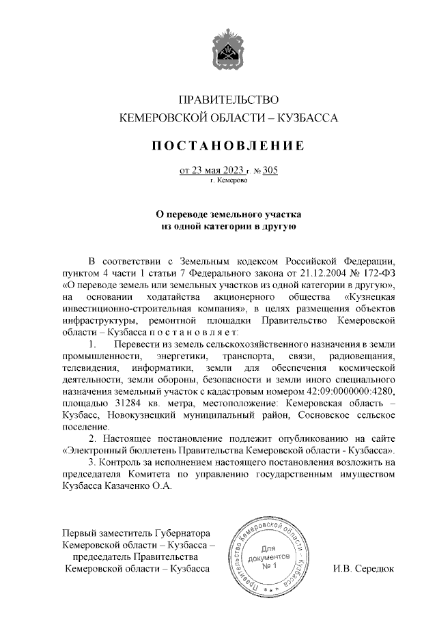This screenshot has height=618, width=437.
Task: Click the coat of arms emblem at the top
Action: pyautogui.click(x=229, y=46)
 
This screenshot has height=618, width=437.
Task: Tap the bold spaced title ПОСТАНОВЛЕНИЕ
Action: pyautogui.click(x=229, y=145)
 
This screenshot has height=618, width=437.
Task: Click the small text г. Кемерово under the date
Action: pyautogui.click(x=229, y=181)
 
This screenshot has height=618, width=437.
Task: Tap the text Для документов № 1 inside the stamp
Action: pyautogui.click(x=268, y=557)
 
